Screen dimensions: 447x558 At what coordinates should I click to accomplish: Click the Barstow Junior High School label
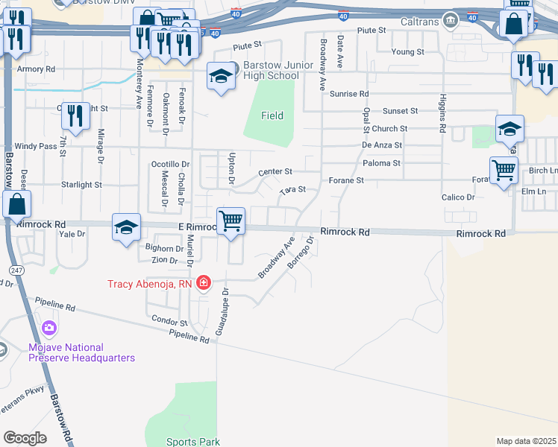(272, 71)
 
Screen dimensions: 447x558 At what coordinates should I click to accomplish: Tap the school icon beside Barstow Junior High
(220, 77)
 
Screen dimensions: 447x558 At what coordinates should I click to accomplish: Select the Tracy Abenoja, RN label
(150, 284)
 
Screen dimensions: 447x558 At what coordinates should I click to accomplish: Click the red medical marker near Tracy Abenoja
(204, 284)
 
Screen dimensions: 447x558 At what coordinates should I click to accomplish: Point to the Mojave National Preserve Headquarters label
(81, 352)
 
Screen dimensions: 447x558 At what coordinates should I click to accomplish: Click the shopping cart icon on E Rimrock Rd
(231, 221)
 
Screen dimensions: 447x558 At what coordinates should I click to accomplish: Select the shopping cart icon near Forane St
(504, 170)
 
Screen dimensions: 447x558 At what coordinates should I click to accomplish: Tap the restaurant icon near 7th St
(75, 115)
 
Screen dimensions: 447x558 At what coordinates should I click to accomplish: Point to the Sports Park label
(192, 442)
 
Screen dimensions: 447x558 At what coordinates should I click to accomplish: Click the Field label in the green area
(272, 115)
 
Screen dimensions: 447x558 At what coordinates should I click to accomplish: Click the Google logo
(25, 438)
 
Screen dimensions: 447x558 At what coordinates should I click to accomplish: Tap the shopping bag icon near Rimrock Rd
(16, 204)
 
